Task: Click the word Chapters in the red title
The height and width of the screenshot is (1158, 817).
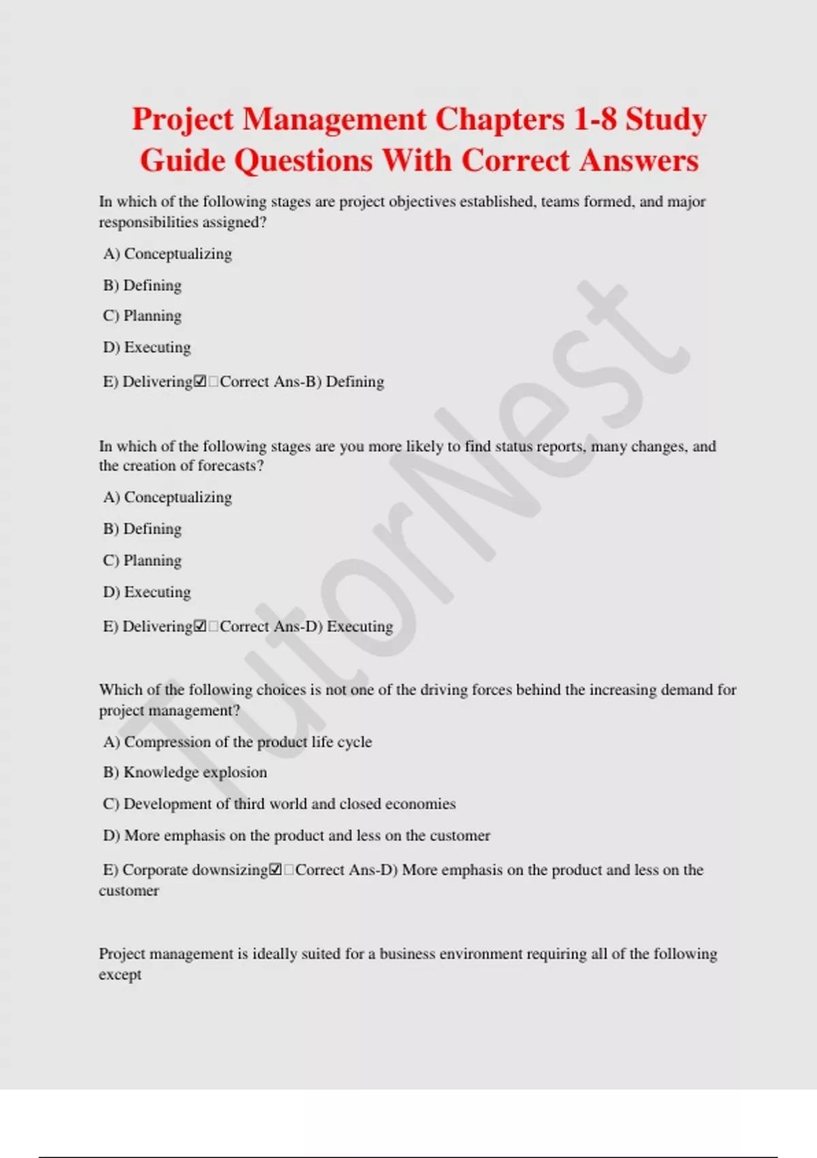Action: (500, 119)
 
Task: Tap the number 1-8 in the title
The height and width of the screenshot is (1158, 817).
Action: (595, 119)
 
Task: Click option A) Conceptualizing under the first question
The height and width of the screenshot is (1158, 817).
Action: (167, 254)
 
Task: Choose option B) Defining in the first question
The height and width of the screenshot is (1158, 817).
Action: (142, 285)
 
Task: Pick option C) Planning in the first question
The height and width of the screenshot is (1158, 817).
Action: (142, 316)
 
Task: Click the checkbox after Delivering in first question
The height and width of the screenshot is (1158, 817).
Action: (200, 381)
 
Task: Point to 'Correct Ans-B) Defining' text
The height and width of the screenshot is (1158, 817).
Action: (302, 381)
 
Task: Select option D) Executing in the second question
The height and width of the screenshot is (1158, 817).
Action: (147, 592)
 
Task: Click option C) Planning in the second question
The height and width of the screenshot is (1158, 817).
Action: (142, 561)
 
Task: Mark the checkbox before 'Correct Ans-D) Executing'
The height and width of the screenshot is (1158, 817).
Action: (200, 626)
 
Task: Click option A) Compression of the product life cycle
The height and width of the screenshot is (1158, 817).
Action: (238, 742)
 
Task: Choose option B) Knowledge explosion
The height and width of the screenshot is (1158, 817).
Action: (185, 772)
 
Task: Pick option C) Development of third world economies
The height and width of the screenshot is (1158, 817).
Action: (279, 804)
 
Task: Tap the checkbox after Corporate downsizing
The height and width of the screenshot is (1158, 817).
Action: (275, 870)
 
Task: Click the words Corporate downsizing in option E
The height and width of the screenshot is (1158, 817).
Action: (195, 870)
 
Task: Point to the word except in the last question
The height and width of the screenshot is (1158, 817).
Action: (120, 975)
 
